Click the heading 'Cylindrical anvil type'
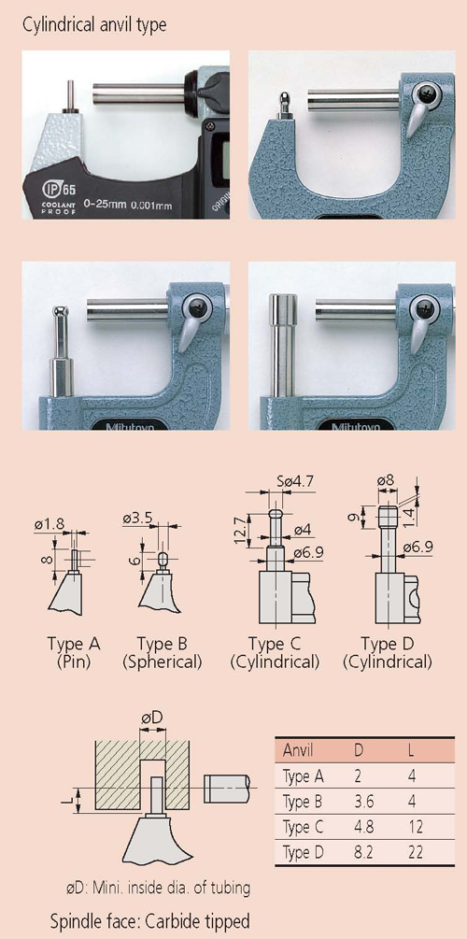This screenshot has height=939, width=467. point(94,26)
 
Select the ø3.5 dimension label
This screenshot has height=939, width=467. point(136,519)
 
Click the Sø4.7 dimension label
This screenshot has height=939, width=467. point(293,481)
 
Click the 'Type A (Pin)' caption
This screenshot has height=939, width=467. point(74,653)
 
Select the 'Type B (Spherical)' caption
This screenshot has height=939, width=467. point(163,653)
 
